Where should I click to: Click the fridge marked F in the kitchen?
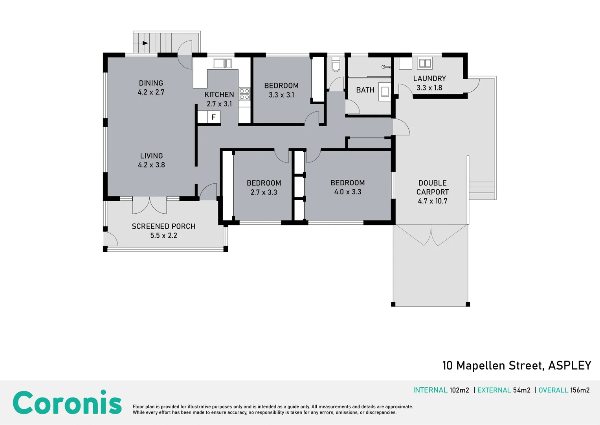point(213,117)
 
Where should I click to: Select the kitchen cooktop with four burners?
point(244,94)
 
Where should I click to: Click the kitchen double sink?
point(222,63)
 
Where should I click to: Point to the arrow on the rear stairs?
point(145,43)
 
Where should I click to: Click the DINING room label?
point(151,83)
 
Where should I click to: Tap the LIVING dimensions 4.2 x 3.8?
point(151,165)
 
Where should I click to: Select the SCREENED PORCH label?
point(163,226)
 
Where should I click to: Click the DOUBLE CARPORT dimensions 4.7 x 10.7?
point(433,201)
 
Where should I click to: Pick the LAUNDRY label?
point(429,78)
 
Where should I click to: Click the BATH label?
point(365,90)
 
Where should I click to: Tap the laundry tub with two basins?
point(425,63)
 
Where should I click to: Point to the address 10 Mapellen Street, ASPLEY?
point(516,366)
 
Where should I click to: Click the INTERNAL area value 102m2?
point(459,390)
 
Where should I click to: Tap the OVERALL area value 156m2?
point(580,390)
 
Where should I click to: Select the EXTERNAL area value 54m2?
point(522,390)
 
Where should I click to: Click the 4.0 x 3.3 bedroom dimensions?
point(348,192)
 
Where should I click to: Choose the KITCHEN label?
point(219,94)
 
